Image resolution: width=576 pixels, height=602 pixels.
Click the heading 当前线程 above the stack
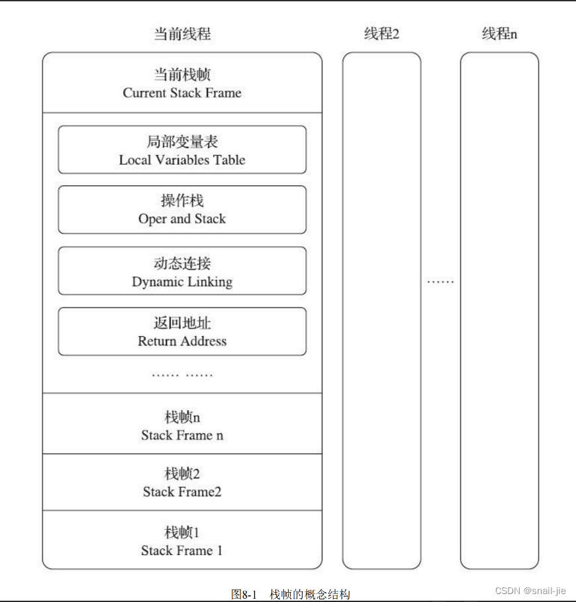tap(182, 34)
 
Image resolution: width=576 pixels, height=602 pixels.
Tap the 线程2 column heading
tap(381, 34)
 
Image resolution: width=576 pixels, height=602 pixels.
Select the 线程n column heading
tap(499, 34)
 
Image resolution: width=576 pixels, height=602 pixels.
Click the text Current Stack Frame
tap(182, 93)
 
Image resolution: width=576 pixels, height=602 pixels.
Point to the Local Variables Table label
tap(182, 160)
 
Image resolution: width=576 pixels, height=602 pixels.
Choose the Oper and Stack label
tap(182, 219)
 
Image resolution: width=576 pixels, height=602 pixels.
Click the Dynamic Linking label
tap(182, 282)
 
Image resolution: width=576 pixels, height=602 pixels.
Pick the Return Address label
tap(182, 341)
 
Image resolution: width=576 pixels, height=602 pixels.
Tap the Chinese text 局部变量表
tap(182, 142)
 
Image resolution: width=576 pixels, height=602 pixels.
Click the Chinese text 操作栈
tap(182, 201)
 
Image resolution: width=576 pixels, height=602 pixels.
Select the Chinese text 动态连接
tap(182, 264)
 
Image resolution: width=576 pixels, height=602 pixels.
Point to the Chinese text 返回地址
tap(182, 323)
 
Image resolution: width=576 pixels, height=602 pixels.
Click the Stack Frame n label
tap(182, 435)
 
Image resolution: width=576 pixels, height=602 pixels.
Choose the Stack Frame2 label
tap(182, 492)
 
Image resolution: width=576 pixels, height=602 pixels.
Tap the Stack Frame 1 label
tap(182, 550)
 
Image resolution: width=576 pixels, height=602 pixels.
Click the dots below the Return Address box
tap(182, 375)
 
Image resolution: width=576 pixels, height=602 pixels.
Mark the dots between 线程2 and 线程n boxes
tap(440, 282)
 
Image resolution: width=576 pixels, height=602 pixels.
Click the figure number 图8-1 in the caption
tap(244, 594)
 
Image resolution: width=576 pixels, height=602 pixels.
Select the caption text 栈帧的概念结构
tap(309, 594)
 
